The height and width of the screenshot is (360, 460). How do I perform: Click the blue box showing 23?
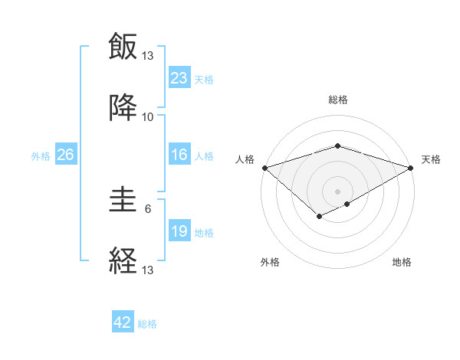click(179, 77)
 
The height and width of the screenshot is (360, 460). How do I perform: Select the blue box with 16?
click(179, 155)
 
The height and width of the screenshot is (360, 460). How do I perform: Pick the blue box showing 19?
click(179, 231)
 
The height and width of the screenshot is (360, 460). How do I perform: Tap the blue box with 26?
click(65, 155)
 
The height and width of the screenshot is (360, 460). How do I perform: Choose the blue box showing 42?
click(123, 322)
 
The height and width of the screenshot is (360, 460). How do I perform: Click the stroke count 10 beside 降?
click(147, 116)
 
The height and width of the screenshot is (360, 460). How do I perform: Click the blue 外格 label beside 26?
click(41, 156)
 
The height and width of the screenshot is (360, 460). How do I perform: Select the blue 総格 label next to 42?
click(147, 324)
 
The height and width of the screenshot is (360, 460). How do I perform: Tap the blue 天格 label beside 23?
click(204, 79)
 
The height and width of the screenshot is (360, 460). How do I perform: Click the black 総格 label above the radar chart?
click(337, 100)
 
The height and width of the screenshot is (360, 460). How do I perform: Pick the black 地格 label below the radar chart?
click(402, 262)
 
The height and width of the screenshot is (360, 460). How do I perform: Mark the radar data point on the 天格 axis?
click(411, 167)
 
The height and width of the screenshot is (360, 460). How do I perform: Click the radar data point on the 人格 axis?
click(264, 167)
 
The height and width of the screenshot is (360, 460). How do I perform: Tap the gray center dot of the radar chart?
click(337, 191)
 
